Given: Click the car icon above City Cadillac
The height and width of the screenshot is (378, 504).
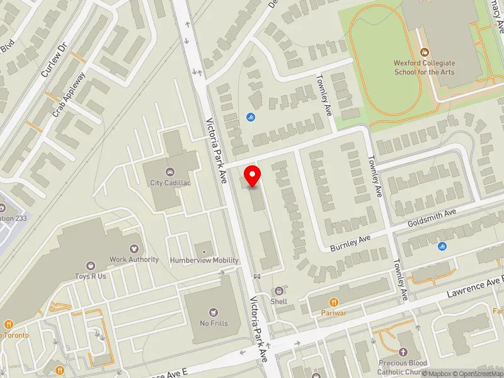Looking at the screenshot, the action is pyautogui.click(x=169, y=172).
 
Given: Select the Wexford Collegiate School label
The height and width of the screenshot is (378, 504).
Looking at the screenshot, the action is pyautogui.click(x=424, y=67).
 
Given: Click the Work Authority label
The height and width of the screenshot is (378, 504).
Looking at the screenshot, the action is pyautogui.click(x=134, y=259).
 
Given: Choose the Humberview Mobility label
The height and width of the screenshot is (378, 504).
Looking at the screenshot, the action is pyautogui.click(x=204, y=260).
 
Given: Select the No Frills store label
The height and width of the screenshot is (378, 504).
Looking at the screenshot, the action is pyautogui.click(x=214, y=323).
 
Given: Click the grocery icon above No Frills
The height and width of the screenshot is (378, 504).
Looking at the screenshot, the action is pyautogui.click(x=214, y=312).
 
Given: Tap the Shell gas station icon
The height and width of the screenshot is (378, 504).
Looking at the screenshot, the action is pyautogui.click(x=278, y=290).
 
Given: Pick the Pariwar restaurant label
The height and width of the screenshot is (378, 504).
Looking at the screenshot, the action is pyautogui.click(x=334, y=312).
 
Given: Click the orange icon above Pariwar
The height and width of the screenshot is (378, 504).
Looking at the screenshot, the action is pyautogui.click(x=334, y=302).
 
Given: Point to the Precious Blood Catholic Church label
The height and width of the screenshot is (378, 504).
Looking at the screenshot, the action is pyautogui.click(x=403, y=367).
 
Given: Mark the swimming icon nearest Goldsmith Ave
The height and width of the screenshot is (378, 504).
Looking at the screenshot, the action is pyautogui.click(x=441, y=246).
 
